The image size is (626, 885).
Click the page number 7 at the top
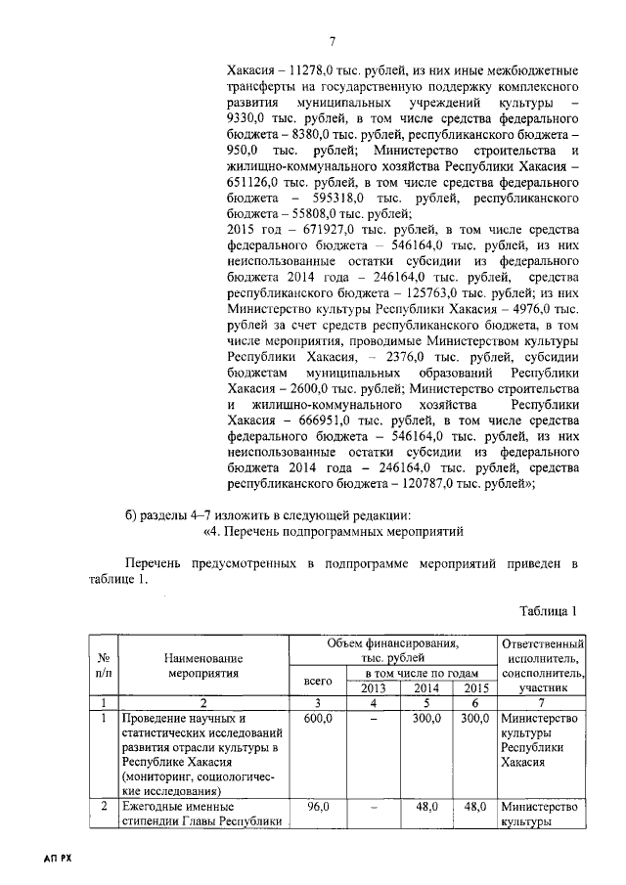(332, 40)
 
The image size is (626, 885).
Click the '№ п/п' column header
(103, 666)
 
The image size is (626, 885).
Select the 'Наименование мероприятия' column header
(203, 666)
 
